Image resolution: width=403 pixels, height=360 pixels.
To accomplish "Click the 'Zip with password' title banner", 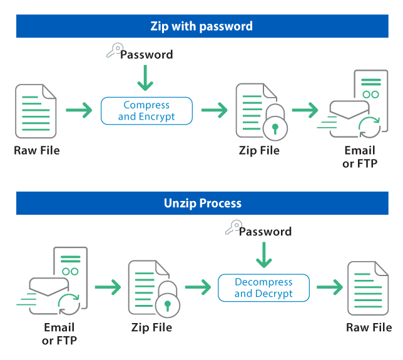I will tap(201, 26).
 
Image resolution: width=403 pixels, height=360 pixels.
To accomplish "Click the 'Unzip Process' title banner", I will tap(201, 203).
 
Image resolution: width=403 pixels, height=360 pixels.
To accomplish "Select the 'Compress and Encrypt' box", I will tap(146, 111).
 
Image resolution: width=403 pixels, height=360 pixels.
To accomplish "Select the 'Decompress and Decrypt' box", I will tap(263, 288).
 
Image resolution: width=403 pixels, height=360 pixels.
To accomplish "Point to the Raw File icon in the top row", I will tap(36, 111).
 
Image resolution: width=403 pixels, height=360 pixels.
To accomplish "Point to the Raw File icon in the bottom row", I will tap(368, 288).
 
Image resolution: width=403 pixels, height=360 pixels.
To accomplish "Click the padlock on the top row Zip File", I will tap(274, 124).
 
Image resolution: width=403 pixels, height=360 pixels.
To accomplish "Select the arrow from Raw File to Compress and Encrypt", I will tap(79, 111).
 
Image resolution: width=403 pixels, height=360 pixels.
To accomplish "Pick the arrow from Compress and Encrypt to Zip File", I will tap(214, 111).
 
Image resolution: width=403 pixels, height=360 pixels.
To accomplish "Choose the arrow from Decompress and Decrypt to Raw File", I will tap(329, 288).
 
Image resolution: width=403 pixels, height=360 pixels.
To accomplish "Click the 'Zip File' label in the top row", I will tap(259, 151).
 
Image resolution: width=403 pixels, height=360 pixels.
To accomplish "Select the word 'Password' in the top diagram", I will tap(146, 55).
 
